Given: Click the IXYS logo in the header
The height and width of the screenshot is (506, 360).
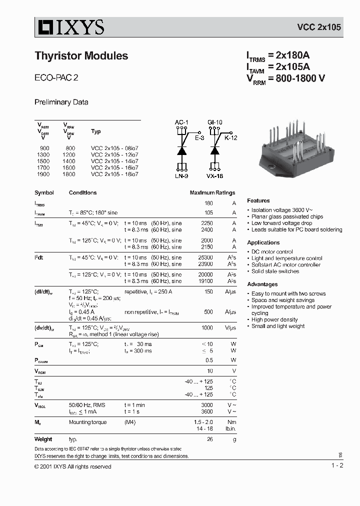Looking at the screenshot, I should tap(69, 27).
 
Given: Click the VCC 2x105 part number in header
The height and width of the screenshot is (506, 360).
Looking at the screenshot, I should tap(319, 27).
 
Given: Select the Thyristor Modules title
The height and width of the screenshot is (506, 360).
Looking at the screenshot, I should tap(81, 56).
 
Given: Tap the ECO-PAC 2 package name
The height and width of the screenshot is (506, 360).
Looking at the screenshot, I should tap(56, 78).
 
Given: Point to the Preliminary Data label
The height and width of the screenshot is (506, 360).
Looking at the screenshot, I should tap(61, 102).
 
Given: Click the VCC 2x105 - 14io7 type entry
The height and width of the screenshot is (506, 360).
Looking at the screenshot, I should tap(114, 161).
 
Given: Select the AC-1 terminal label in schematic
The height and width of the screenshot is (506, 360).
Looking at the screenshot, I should tap(181, 122).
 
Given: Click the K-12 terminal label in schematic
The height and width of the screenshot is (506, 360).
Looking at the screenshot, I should tap(230, 137).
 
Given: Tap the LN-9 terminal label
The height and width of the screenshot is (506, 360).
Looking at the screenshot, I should tap(181, 176).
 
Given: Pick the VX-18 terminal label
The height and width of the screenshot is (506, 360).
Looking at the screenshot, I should tap(215, 176).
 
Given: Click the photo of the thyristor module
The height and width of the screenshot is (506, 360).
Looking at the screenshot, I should tap(294, 144).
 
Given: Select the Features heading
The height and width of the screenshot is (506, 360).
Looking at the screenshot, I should tap(258, 200).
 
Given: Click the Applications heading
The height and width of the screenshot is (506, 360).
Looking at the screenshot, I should tap(263, 242).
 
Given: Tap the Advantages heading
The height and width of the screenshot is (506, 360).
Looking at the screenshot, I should tap(262, 284).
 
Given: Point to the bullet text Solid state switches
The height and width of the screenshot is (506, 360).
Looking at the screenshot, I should tap(275, 271).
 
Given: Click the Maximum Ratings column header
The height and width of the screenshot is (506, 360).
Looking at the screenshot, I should tap(212, 193).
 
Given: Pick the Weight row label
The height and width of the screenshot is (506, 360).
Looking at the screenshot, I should tap(43, 439).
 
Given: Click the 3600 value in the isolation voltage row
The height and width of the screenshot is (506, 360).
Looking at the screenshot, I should tap(206, 411).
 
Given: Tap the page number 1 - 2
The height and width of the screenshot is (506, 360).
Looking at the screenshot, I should tap(337, 466).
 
